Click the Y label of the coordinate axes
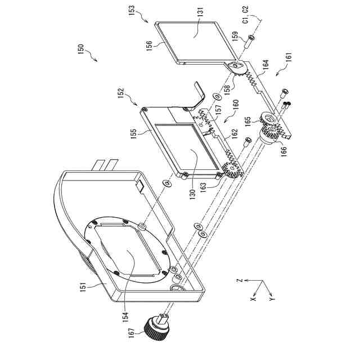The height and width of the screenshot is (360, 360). [272, 295]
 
